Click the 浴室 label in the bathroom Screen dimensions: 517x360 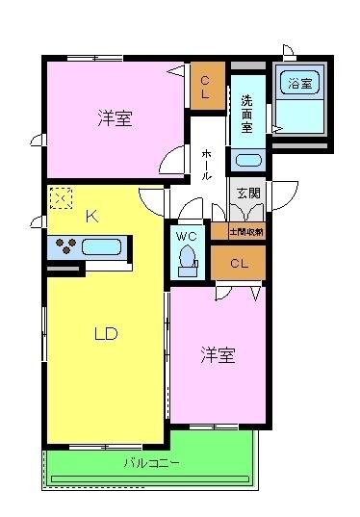pos(299,84)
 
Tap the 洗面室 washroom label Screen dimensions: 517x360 pos(246,114)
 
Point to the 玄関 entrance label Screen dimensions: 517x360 pos(247,193)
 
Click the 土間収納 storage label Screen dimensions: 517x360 pos(246,232)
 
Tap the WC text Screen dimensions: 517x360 pos(187,235)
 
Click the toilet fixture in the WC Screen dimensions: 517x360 pos(187,260)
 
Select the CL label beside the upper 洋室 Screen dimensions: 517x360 pos(206,86)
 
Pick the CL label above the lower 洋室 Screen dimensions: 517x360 pos(240,262)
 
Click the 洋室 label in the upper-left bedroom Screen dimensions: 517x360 pos(114,119)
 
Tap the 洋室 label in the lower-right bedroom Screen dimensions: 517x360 pos(218,355)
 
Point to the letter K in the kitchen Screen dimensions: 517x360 pos(91,217)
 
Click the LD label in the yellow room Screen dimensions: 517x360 pos(105,334)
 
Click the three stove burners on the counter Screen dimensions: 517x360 pos(65,246)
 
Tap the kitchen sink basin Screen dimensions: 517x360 pos(101,246)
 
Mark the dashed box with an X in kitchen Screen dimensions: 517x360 pos(61,197)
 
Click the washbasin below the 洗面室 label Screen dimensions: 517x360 pos(247,160)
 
